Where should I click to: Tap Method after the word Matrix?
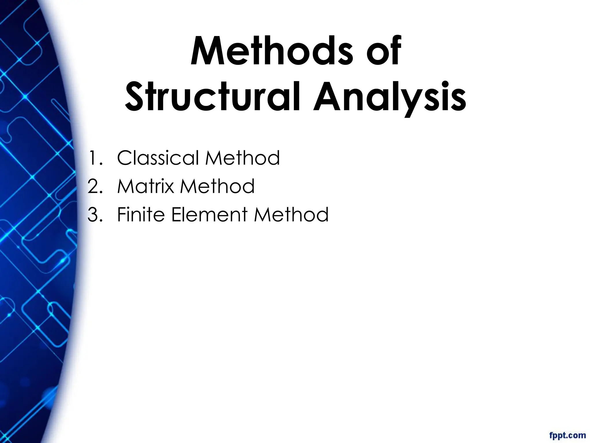(218, 186)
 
